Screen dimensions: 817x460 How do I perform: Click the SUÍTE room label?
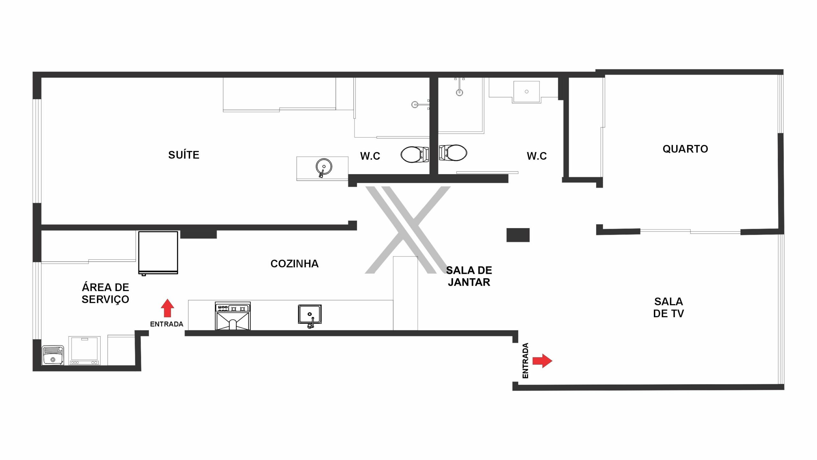click(x=184, y=155)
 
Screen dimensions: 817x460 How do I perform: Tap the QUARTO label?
click(x=685, y=149)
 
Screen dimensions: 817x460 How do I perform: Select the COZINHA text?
click(x=295, y=264)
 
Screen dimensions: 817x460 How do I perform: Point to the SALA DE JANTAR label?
click(x=469, y=276)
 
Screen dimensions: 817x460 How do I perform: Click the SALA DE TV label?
click(x=669, y=307)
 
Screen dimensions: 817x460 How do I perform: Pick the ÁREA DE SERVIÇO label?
click(x=105, y=293)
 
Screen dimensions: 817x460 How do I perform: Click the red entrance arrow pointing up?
click(x=167, y=308)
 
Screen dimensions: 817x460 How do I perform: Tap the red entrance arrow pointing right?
click(x=543, y=361)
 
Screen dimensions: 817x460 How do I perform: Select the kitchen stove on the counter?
click(x=233, y=316)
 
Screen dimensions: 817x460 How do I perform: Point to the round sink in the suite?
click(x=324, y=167)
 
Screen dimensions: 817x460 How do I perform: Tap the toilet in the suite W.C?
click(x=415, y=155)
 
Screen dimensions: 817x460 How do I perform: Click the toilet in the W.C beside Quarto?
click(x=453, y=153)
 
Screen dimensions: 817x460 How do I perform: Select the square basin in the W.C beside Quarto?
click(x=527, y=92)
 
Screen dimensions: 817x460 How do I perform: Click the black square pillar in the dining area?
click(x=518, y=235)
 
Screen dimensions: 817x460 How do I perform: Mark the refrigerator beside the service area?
click(x=158, y=253)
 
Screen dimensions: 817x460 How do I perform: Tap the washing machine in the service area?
click(x=85, y=350)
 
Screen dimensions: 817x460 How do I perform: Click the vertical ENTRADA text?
click(x=525, y=361)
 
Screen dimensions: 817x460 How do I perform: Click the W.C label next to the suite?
click(x=370, y=156)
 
